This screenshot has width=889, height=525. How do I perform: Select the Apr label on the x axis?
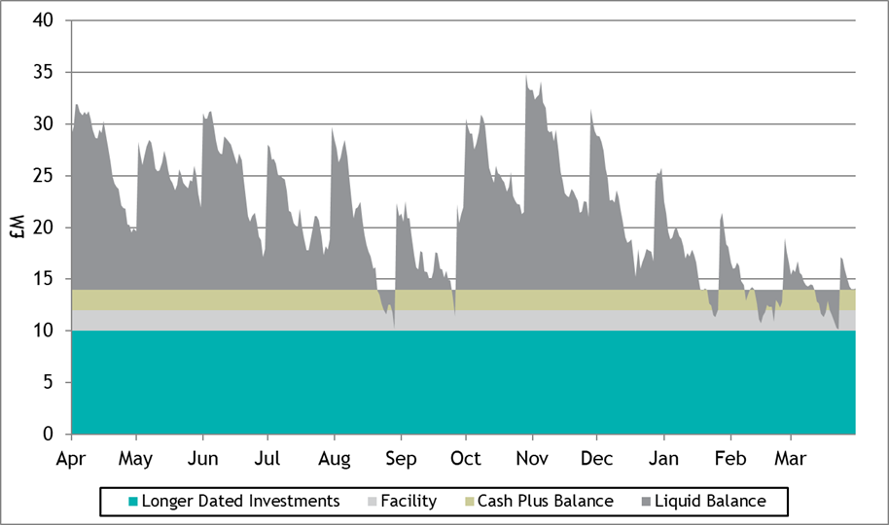point(72,458)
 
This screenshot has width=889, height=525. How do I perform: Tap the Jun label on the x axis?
point(202,458)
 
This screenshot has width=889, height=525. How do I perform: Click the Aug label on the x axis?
point(335,458)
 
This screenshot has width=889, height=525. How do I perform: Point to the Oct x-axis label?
point(466,458)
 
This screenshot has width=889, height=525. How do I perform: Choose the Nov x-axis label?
point(532,458)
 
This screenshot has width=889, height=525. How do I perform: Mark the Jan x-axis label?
point(664,458)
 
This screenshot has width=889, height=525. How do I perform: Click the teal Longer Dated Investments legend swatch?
point(133,502)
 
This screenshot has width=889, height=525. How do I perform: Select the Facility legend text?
point(409,502)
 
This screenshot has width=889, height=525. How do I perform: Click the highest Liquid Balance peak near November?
point(526,75)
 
